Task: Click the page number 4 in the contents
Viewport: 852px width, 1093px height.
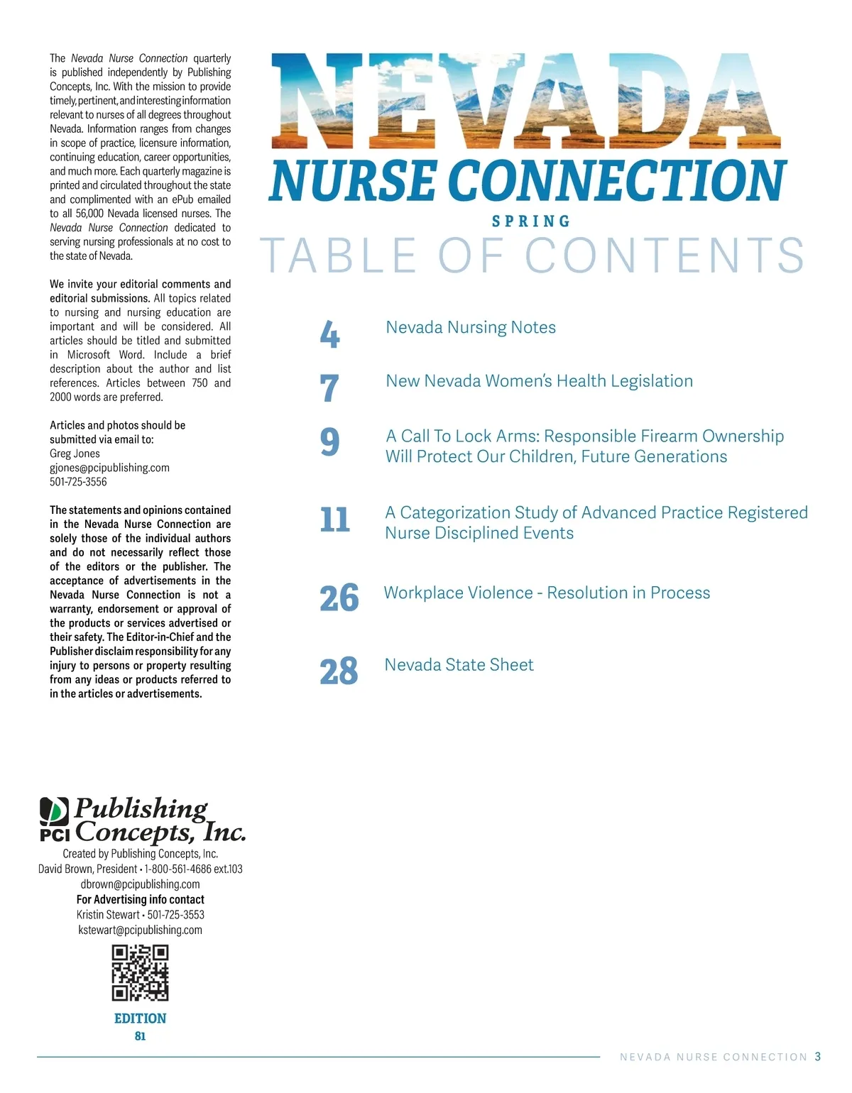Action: click(x=329, y=334)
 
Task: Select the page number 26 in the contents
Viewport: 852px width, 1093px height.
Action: click(x=339, y=598)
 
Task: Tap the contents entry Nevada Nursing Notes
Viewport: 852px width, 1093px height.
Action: click(x=471, y=327)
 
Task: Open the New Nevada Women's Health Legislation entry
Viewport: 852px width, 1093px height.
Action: click(x=539, y=381)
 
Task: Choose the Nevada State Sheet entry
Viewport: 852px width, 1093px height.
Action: click(x=459, y=665)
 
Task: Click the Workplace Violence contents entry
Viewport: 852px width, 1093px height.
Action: click(x=547, y=593)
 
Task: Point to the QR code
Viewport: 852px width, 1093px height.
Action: click(x=140, y=972)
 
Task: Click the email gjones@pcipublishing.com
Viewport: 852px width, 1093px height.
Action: click(x=109, y=468)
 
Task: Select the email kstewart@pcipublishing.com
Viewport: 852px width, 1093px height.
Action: click(x=140, y=930)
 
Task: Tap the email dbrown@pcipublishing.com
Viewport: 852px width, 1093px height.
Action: click(x=140, y=884)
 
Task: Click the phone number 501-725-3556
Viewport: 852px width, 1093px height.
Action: click(x=78, y=482)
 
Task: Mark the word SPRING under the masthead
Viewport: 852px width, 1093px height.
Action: click(x=531, y=221)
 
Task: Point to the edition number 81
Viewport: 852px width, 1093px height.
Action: click(x=140, y=1036)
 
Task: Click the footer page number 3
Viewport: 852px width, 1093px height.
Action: click(x=818, y=1057)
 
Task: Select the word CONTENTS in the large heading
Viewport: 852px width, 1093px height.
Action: click(x=665, y=256)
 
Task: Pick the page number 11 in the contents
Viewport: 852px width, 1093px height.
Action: click(x=334, y=520)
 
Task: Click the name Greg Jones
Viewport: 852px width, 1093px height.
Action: click(x=75, y=454)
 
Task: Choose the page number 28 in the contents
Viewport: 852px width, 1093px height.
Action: click(x=339, y=671)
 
